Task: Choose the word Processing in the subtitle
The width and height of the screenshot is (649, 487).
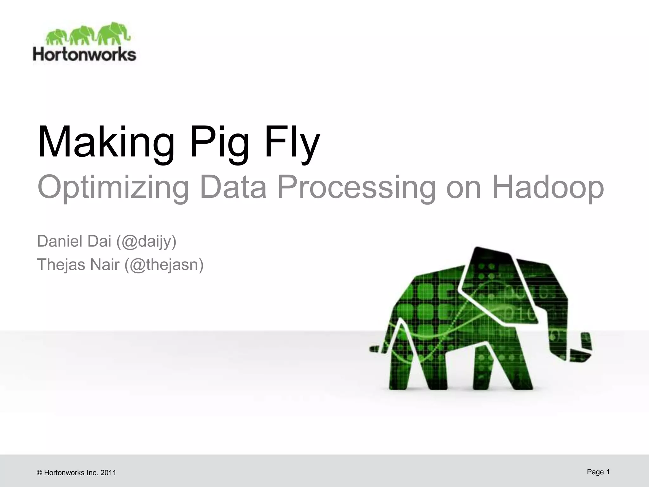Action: click(x=357, y=188)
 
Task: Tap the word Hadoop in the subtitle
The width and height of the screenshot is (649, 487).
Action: click(x=548, y=188)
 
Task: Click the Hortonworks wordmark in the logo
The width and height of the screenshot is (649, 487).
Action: click(x=85, y=55)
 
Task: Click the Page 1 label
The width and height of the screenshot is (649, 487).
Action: click(x=598, y=472)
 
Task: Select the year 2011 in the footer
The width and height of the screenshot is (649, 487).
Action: click(x=108, y=473)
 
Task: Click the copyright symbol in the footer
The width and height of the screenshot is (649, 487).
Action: click(x=40, y=473)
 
